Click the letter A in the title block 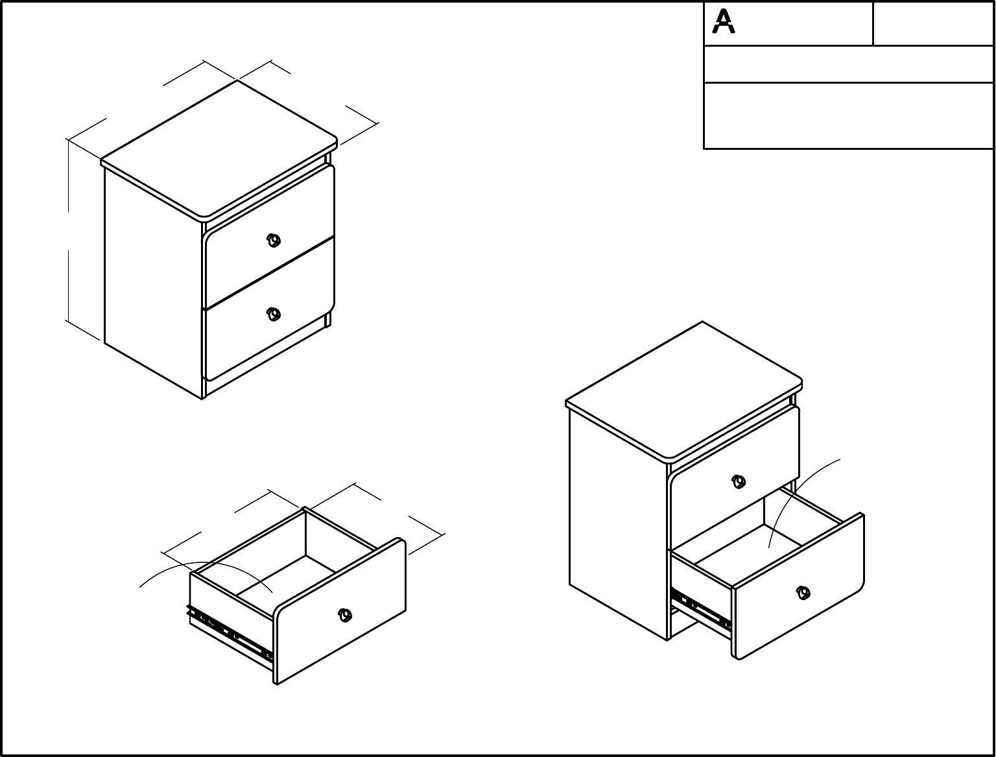pyautogui.click(x=723, y=21)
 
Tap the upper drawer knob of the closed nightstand pyautogui.click(x=273, y=241)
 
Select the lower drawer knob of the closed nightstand pyautogui.click(x=273, y=314)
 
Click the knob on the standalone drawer pyautogui.click(x=345, y=615)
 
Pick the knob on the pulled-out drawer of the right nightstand pyautogui.click(x=803, y=592)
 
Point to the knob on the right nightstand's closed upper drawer pyautogui.click(x=739, y=481)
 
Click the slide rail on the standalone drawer pyautogui.click(x=230, y=634)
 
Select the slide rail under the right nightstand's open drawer pyautogui.click(x=701, y=610)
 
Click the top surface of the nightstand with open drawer pyautogui.click(x=684, y=390)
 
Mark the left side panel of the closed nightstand pyautogui.click(x=153, y=282)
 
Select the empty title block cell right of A pyautogui.click(x=933, y=23)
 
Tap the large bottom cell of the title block pyautogui.click(x=849, y=115)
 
